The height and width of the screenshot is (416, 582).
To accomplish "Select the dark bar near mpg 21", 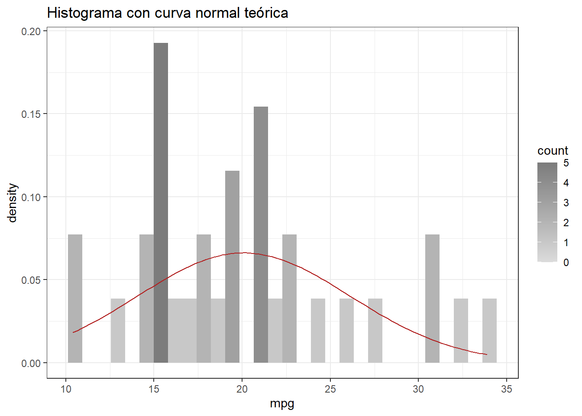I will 261,234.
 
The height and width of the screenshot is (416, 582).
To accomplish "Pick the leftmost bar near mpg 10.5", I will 75,299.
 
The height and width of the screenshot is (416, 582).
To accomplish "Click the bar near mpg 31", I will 432,299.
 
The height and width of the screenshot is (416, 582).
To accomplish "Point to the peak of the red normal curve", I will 243,253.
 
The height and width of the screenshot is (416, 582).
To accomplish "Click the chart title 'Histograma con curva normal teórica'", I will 168,13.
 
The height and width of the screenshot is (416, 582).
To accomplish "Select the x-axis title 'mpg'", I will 282,403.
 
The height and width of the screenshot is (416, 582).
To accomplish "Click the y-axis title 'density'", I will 13,202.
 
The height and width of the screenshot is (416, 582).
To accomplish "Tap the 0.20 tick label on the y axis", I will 31,31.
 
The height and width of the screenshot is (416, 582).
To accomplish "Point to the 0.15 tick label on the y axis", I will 31,114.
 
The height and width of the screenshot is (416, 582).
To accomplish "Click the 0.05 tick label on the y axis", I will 31,280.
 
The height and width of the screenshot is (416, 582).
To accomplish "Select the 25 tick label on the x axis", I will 330,389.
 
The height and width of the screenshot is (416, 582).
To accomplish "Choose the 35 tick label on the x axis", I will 506,389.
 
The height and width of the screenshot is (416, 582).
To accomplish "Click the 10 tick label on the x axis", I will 66,389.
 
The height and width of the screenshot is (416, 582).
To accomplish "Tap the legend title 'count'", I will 553,150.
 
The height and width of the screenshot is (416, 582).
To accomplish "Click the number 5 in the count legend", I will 566,163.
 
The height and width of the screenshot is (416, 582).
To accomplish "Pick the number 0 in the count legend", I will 566,262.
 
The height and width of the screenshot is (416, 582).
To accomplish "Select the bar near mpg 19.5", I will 232,266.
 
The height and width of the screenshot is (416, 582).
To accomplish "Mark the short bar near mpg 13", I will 118,331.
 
